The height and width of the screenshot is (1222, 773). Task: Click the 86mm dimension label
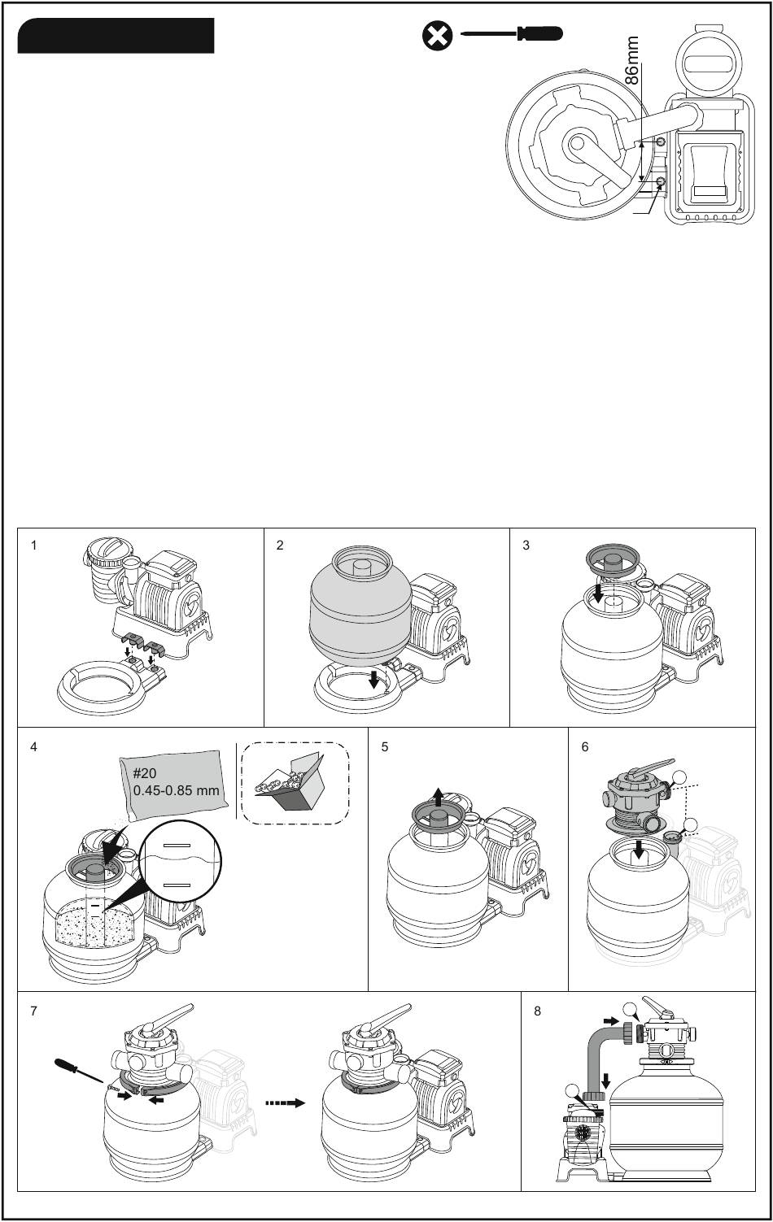[631, 60]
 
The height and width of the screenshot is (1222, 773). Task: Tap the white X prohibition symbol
[437, 37]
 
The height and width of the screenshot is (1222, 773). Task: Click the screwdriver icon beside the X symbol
[512, 33]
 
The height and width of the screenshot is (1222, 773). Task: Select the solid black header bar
[116, 36]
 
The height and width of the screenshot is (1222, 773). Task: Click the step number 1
[34, 546]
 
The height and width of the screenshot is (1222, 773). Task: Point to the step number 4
[34, 747]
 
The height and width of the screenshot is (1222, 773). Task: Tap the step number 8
[537, 1011]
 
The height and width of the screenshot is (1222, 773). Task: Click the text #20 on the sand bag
[144, 773]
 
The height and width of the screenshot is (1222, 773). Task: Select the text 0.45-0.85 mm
[176, 790]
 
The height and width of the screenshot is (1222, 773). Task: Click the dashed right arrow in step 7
[286, 1103]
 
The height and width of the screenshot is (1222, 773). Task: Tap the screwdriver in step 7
[79, 1070]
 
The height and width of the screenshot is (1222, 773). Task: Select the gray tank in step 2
[360, 607]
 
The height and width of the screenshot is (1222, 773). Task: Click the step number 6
[585, 747]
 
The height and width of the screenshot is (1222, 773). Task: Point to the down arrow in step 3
[598, 594]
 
